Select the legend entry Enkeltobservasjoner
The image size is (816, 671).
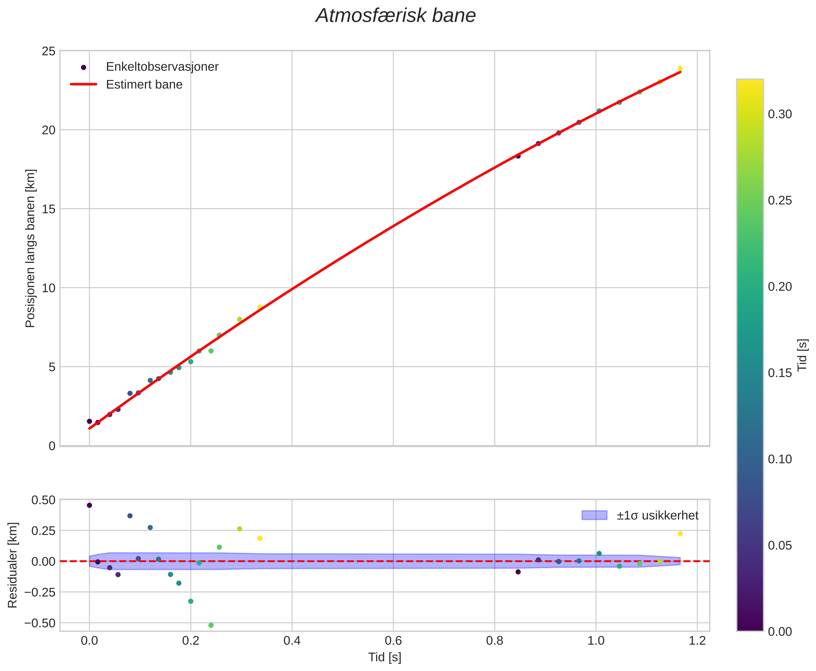pyautogui.click(x=162, y=67)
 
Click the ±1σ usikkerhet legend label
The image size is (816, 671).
pyautogui.click(x=657, y=516)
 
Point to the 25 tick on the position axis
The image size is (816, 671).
pyautogui.click(x=48, y=51)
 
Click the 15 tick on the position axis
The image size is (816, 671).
pyautogui.click(x=48, y=209)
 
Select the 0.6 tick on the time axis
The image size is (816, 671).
pyautogui.click(x=393, y=641)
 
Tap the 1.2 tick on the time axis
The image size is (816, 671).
pyautogui.click(x=697, y=641)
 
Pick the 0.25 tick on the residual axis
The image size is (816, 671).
pyautogui.click(x=43, y=531)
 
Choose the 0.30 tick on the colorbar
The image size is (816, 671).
pyautogui.click(x=780, y=114)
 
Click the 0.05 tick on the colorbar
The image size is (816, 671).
pyautogui.click(x=780, y=546)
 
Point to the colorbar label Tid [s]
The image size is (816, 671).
pyautogui.click(x=803, y=355)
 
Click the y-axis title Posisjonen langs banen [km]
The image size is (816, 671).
pyautogui.click(x=30, y=248)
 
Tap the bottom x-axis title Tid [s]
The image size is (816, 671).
pyautogui.click(x=385, y=658)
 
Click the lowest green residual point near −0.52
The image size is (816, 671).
pyautogui.click(x=211, y=625)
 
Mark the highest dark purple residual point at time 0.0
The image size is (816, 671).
pyautogui.click(x=89, y=505)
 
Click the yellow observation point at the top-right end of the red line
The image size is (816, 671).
pyautogui.click(x=680, y=69)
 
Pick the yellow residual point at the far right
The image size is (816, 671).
pyautogui.click(x=680, y=534)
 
